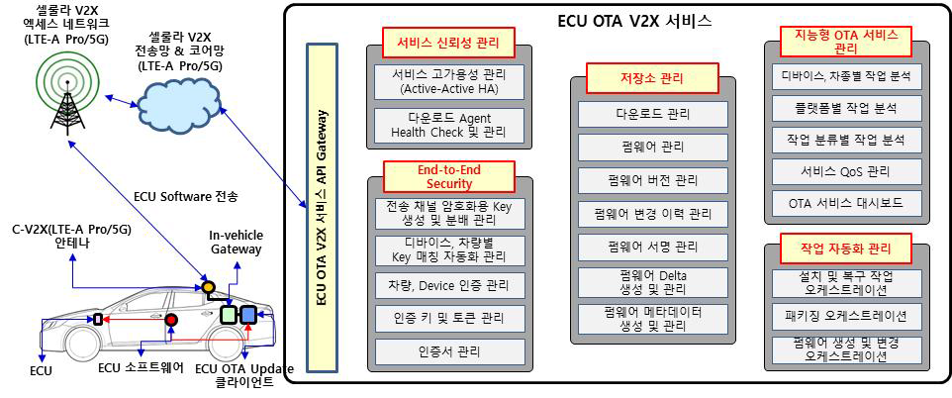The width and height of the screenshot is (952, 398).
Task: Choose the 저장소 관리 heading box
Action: pyautogui.click(x=651, y=78)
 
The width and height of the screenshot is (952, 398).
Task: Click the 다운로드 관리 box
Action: pyautogui.click(x=651, y=114)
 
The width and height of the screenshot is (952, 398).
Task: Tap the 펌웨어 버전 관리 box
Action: pyautogui.click(x=651, y=180)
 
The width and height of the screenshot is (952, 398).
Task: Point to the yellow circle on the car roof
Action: pyautogui.click(x=209, y=288)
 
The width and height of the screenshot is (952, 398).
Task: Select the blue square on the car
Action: pyautogui.click(x=248, y=315)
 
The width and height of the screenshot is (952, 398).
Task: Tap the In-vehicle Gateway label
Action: pyautogui.click(x=237, y=243)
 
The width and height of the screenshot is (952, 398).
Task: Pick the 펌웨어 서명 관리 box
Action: pyautogui.click(x=651, y=246)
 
